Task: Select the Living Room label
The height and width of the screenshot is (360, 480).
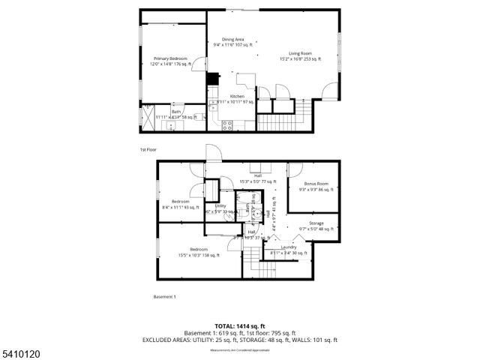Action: (x=301, y=56)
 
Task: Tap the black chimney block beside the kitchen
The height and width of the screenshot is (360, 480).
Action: (x=212, y=79)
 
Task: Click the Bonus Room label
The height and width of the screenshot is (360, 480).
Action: (x=316, y=186)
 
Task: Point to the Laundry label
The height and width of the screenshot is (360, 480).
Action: (x=289, y=249)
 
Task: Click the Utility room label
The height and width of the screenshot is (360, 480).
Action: (x=220, y=208)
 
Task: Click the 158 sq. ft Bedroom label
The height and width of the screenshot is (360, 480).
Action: (x=199, y=251)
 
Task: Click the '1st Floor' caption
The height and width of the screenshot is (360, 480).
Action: (x=147, y=149)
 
